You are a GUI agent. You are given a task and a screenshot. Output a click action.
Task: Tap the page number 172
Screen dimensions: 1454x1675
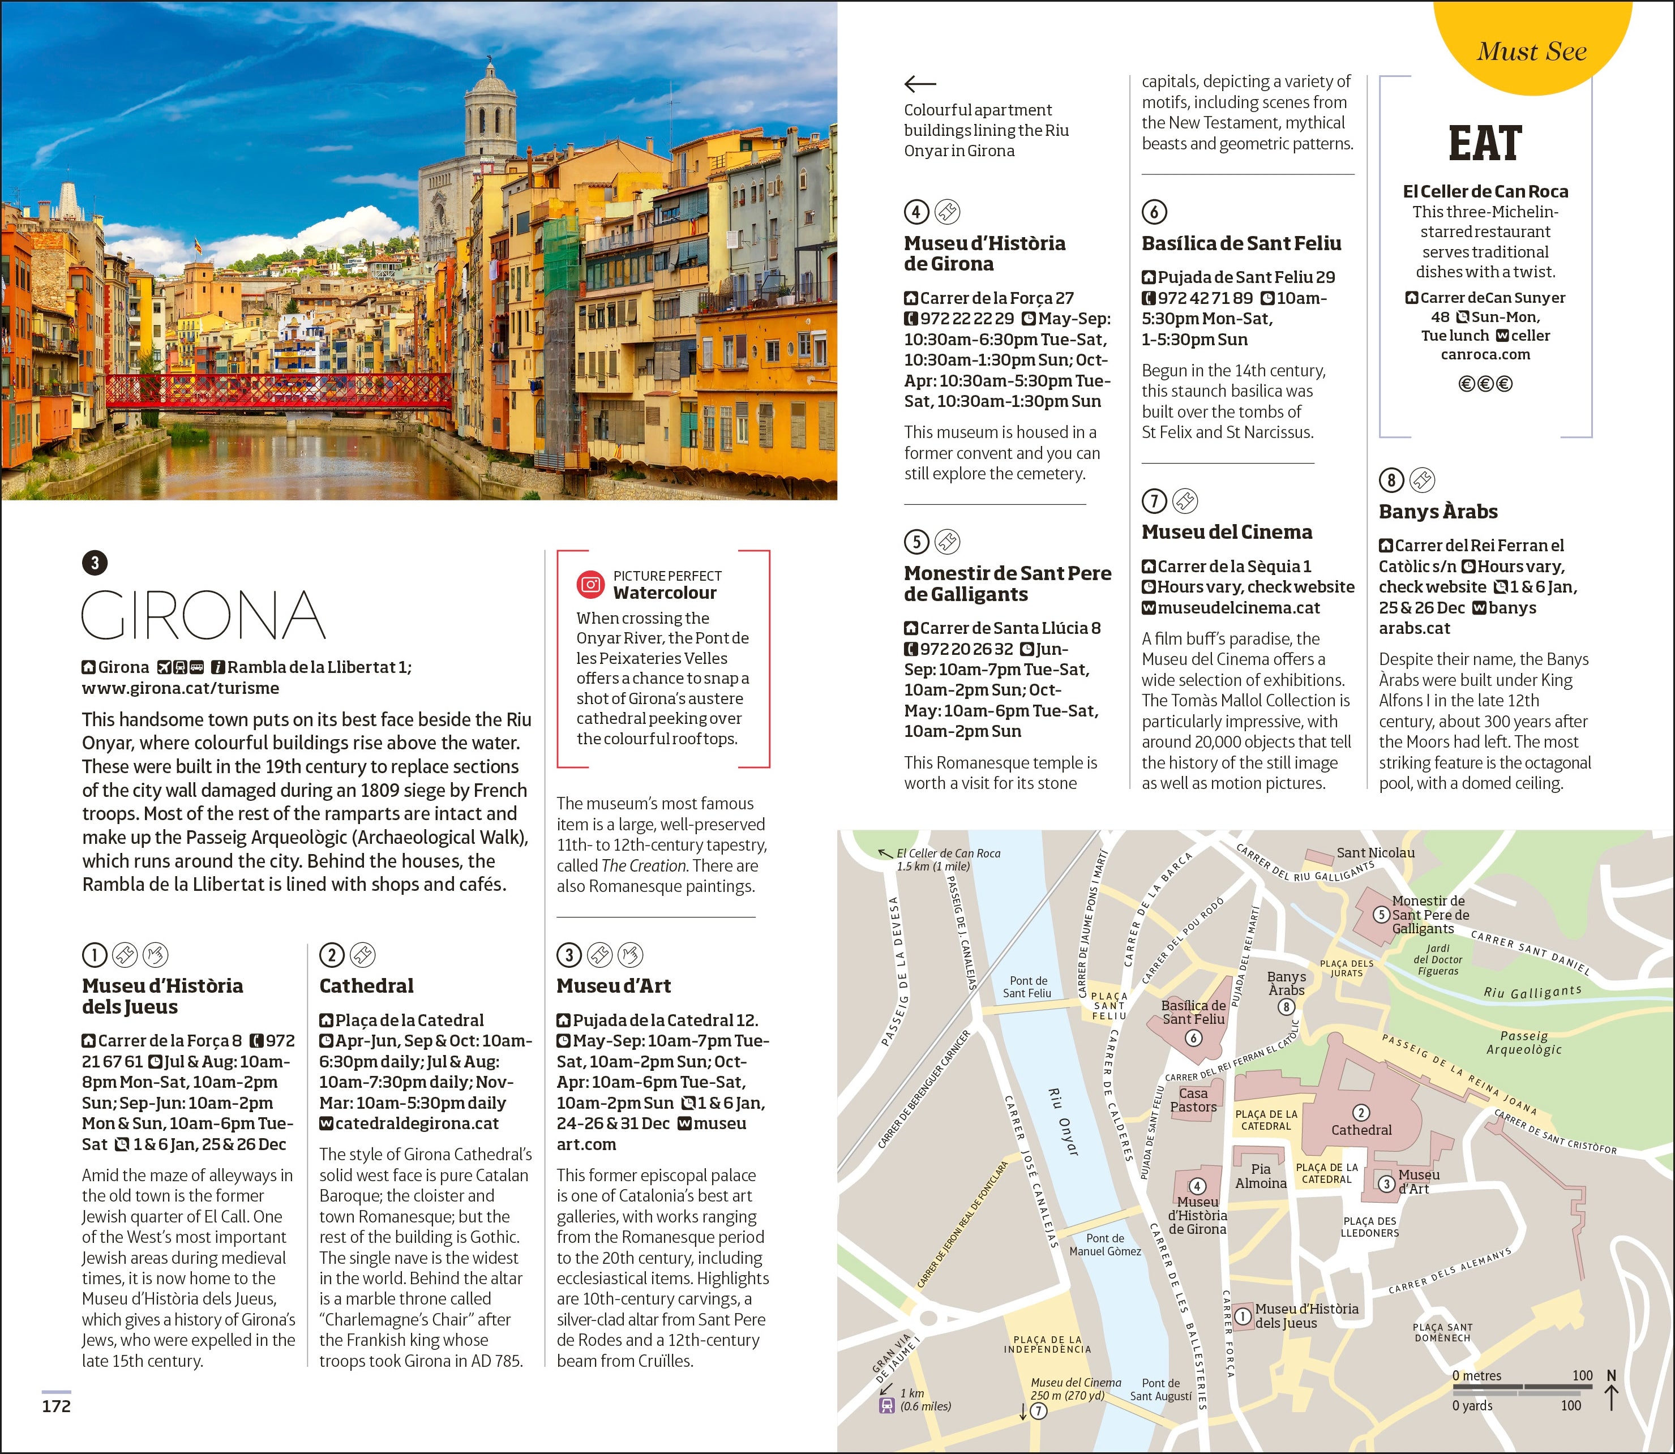(x=56, y=1405)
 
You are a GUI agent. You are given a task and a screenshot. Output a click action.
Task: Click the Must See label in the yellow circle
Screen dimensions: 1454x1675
(x=1531, y=51)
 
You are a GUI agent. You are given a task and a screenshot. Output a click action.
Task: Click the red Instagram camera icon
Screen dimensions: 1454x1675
(x=590, y=584)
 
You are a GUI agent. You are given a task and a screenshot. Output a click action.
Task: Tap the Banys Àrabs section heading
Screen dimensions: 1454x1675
(x=1437, y=511)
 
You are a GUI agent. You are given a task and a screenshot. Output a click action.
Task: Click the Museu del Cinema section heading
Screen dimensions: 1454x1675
(x=1226, y=531)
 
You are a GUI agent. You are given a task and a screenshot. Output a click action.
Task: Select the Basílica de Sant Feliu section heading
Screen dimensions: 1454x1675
(x=1241, y=243)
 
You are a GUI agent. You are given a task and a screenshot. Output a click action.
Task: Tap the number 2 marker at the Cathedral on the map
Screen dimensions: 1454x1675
(x=1361, y=1112)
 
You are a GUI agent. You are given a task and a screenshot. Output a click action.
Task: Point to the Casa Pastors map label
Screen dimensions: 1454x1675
(x=1192, y=1100)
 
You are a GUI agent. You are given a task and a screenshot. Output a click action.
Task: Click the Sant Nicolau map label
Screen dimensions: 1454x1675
(x=1375, y=853)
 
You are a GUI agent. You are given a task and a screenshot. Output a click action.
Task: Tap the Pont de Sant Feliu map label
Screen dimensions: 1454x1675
(x=1027, y=987)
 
